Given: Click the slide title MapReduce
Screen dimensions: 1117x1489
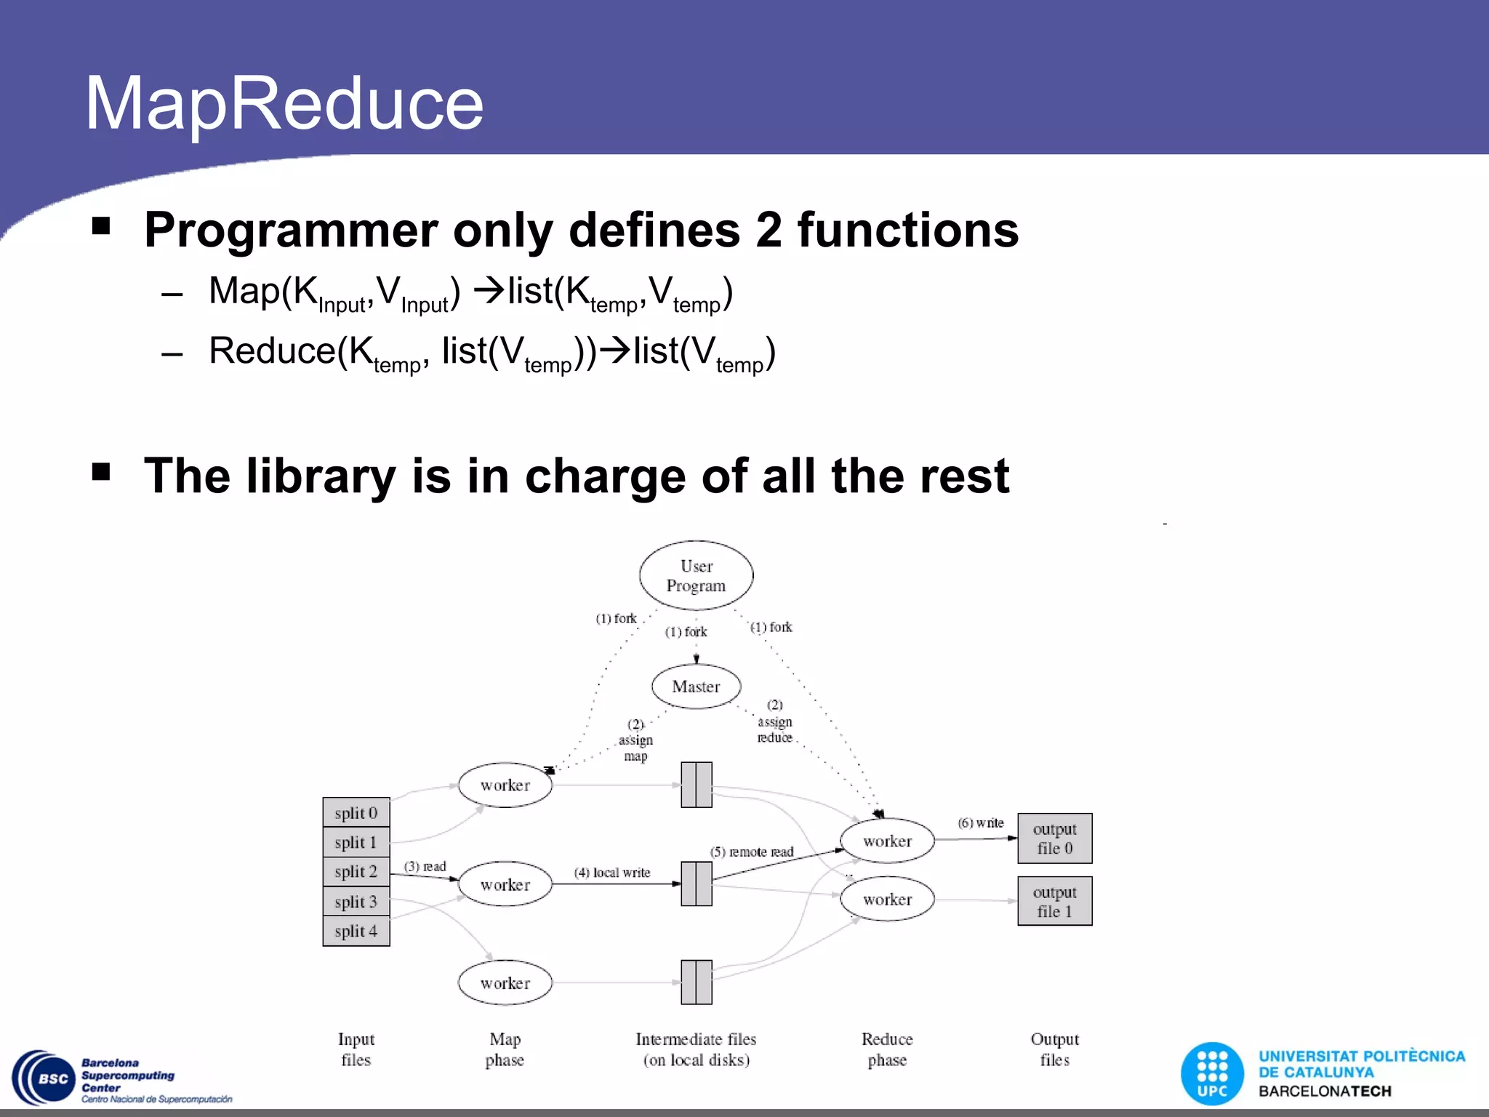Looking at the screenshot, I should coord(284,104).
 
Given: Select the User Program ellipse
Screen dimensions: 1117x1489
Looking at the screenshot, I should coord(696,576).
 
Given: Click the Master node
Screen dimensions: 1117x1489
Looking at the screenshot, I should coord(696,686).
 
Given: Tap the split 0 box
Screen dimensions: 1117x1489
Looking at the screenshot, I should coord(356,813).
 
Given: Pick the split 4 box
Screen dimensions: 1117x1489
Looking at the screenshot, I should coord(356,931).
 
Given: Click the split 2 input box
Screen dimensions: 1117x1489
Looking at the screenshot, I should coord(356,871).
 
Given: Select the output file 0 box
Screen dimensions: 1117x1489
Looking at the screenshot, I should coord(1054,838).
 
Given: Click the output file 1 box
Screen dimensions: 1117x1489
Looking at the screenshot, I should coord(1054,902).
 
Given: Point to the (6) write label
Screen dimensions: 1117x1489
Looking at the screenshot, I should coord(980,822).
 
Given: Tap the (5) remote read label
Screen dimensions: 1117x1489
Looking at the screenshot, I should coord(752,852).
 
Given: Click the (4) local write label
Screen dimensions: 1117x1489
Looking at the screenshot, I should coord(612,873).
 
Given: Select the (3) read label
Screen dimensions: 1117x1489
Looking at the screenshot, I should coord(425,866).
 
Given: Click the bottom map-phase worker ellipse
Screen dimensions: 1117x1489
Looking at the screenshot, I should coord(505,983).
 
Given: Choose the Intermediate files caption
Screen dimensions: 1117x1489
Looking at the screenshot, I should coord(696,1049).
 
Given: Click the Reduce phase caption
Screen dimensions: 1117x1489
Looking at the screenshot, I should coord(887,1049).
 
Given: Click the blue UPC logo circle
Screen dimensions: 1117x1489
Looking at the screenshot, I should coord(1212,1073).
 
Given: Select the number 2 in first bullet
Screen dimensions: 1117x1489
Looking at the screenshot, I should coord(768,231).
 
